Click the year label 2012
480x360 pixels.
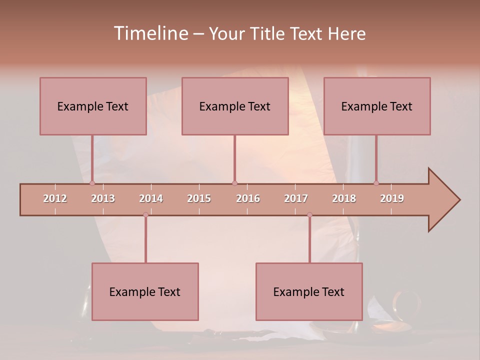pyautogui.click(x=55, y=198)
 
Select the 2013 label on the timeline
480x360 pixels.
pyautogui.click(x=103, y=198)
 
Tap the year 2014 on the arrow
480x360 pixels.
pyautogui.click(x=151, y=198)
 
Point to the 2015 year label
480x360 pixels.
pyautogui.click(x=199, y=198)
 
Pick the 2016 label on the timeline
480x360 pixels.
pyautogui.click(x=248, y=198)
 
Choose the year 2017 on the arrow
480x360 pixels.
pyautogui.click(x=296, y=198)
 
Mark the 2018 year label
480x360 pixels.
pyautogui.click(x=344, y=198)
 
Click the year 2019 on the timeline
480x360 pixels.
pyautogui.click(x=392, y=198)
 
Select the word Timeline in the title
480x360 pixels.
pyautogui.click(x=150, y=33)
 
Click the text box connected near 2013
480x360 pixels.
pyautogui.click(x=93, y=106)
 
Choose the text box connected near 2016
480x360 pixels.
pyautogui.click(x=235, y=106)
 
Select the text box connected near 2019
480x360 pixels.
pyautogui.click(x=377, y=106)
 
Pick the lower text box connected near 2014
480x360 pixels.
pyautogui.click(x=145, y=291)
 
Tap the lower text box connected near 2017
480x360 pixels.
pyautogui.click(x=309, y=291)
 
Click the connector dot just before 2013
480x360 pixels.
pyautogui.click(x=92, y=183)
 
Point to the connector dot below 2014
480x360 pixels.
pyautogui.click(x=145, y=214)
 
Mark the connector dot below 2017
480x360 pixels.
pyautogui.click(x=309, y=214)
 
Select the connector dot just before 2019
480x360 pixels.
pyautogui.click(x=376, y=183)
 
